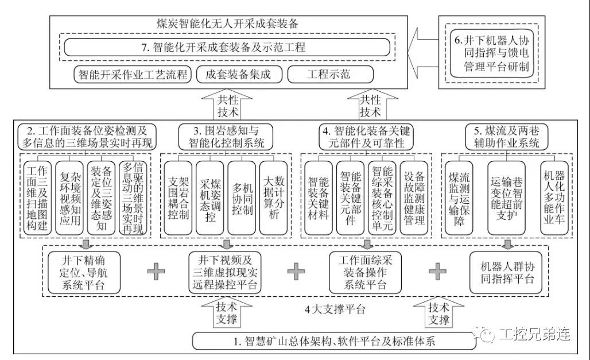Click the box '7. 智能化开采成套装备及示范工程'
point(227,47)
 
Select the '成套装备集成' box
point(239,74)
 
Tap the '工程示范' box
point(330,74)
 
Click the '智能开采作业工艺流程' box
point(133,74)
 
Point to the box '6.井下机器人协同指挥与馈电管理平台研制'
point(492,53)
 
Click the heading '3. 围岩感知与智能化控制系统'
point(226,137)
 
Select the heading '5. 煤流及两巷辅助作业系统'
point(506,137)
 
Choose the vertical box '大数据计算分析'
point(274,198)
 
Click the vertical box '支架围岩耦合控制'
point(178,198)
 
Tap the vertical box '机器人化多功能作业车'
point(554,198)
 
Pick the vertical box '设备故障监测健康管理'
point(414,198)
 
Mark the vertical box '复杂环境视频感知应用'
point(69,198)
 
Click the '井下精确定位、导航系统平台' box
point(84,273)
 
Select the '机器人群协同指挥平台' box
point(507,273)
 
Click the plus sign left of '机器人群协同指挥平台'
point(437,271)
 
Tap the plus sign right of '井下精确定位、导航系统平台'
point(156,271)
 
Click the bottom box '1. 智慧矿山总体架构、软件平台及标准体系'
point(334,341)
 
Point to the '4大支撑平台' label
point(335,309)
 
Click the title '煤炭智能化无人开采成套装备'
point(228,24)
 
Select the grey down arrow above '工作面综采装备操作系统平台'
point(367,244)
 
